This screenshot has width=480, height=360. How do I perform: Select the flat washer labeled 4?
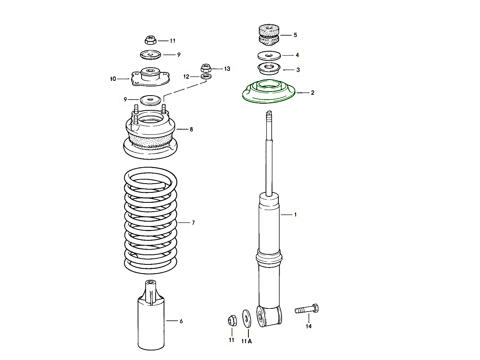click(268, 55)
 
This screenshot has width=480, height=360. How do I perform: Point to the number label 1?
click(295, 215)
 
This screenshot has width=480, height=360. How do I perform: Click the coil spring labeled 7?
click(150, 222)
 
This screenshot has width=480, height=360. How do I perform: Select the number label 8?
click(191, 129)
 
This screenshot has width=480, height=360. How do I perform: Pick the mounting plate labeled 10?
click(150, 77)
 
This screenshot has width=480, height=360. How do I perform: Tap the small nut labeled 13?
click(206, 68)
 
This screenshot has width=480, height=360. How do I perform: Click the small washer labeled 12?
click(206, 76)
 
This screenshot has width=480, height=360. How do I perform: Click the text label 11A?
click(246, 341)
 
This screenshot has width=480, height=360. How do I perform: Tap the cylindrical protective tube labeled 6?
click(151, 320)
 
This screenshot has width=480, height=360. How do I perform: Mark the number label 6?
click(181, 321)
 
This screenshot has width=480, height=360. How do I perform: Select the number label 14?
click(308, 326)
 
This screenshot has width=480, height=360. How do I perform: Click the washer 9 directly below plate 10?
click(150, 99)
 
